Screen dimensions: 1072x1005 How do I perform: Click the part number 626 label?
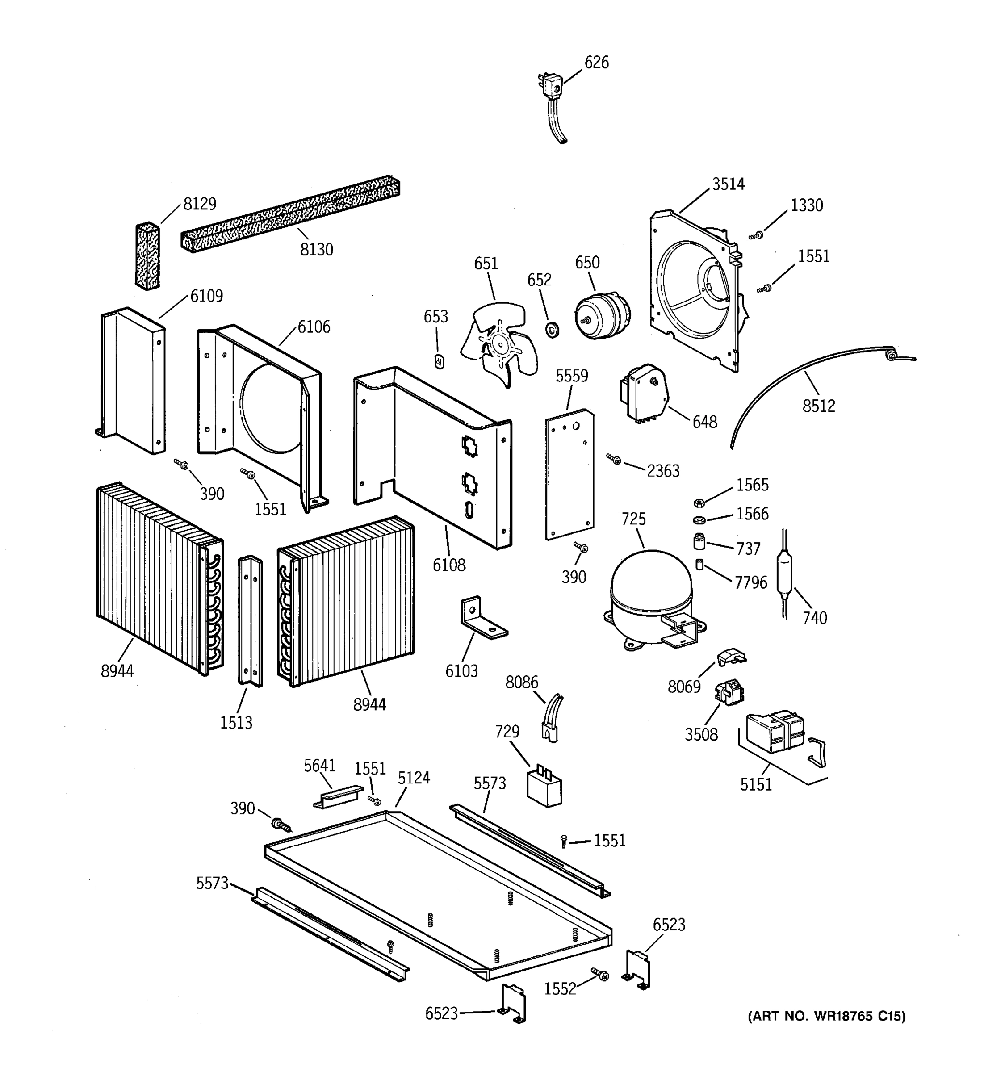[596, 63]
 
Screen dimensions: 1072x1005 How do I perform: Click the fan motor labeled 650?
[601, 315]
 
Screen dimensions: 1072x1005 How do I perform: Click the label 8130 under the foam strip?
[317, 250]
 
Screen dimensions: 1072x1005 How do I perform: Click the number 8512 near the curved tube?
[818, 406]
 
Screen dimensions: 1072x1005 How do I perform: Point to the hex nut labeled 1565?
[699, 503]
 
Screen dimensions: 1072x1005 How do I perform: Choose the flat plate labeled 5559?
[569, 474]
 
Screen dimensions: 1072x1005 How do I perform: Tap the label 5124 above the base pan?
[414, 778]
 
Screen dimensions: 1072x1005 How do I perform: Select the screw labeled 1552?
[600, 973]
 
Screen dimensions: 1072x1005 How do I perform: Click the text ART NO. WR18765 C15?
[826, 1016]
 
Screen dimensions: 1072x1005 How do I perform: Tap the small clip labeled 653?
[439, 361]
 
